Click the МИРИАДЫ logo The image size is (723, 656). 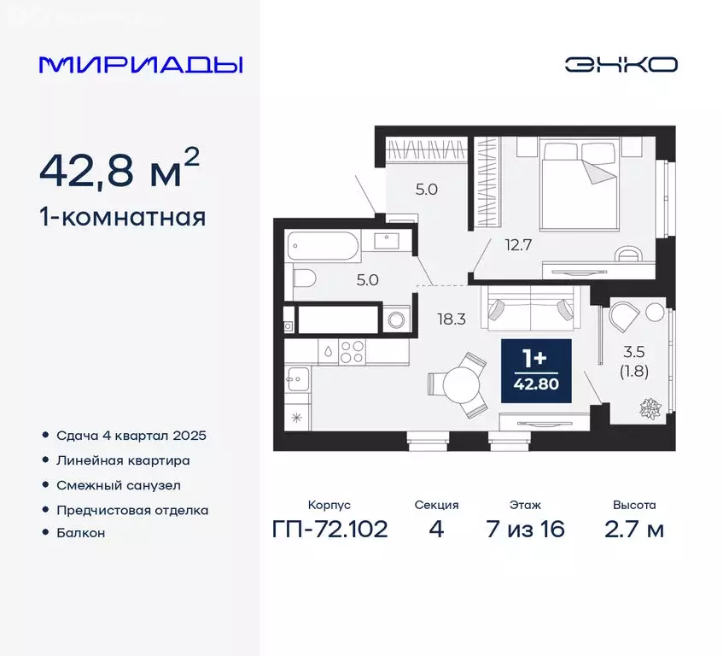pos(141,65)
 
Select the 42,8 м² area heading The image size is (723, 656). pos(120,172)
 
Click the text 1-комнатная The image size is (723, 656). pos(122,218)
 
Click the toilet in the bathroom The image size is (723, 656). pos(304,277)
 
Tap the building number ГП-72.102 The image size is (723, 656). pos(330,529)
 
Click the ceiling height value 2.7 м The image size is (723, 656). pos(633,529)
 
